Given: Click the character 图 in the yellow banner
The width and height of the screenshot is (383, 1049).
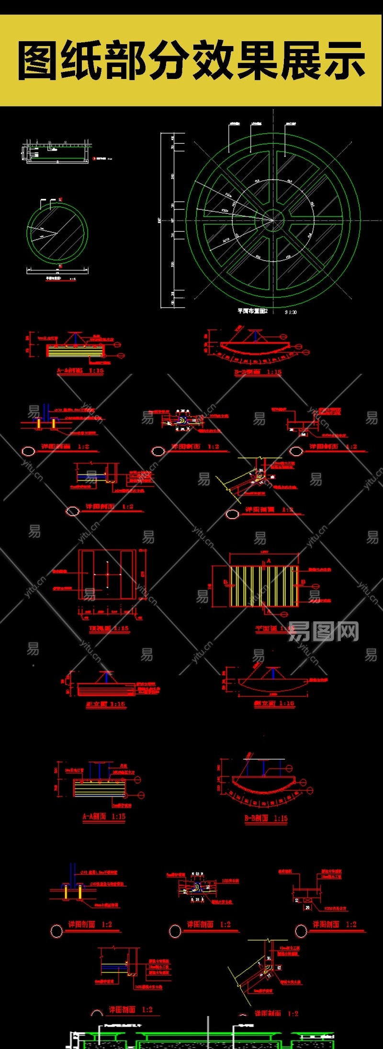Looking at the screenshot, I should pos(39,61).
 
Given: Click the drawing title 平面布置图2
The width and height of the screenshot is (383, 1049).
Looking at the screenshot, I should pos(252,311).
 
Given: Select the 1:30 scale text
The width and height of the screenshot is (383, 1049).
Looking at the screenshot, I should pos(291,312).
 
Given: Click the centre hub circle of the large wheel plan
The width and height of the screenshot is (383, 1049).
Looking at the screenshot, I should pos(273,220).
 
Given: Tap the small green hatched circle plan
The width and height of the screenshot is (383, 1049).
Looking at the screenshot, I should pos(57,233).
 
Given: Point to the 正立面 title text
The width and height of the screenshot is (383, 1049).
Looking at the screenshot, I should pos(98,704).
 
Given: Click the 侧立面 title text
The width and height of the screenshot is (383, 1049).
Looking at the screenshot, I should pos(265,703).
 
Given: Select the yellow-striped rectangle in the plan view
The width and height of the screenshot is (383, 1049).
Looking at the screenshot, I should pos(264,586).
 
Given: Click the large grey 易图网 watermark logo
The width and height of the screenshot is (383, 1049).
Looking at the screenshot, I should pos(323,631).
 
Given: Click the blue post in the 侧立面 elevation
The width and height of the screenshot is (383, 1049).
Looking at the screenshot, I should pos(273,674).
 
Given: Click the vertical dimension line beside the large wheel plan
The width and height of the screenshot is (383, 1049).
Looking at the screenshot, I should pos(160,220).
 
